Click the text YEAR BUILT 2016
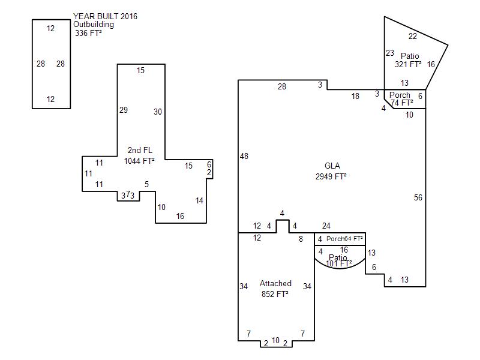pos(105,16)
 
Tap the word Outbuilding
pos(94,25)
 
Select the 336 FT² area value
pos(88,34)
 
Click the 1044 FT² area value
pos(139,161)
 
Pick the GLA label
pos(332,166)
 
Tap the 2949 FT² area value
pos(331,176)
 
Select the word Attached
pos(275,283)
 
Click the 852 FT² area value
pos(275,294)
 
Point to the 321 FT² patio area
pos(408,64)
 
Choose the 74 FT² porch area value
pos(402,103)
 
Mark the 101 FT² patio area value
pos(339,263)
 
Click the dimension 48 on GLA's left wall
pos(244,156)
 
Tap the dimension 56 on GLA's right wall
pos(418,197)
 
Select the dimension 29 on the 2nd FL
pos(124,110)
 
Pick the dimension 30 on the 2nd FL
pos(158,112)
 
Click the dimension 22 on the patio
pos(413,36)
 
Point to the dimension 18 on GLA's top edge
pos(355,96)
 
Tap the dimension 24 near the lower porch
pos(326,226)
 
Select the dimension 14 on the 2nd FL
pos(200,200)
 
